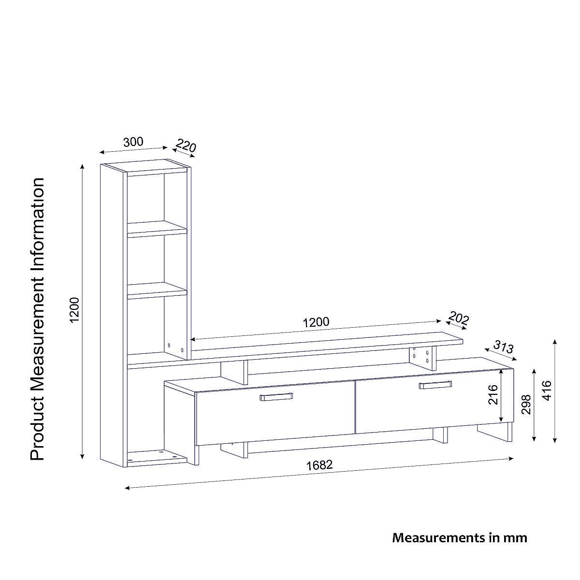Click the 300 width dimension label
pyautogui.click(x=133, y=142)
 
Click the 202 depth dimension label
pyautogui.click(x=458, y=319)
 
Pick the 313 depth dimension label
pyautogui.click(x=503, y=347)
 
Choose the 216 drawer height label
pyautogui.click(x=492, y=395)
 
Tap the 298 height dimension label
pyautogui.click(x=526, y=405)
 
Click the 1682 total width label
pyautogui.click(x=319, y=465)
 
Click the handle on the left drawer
pyautogui.click(x=276, y=397)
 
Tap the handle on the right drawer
pyautogui.click(x=435, y=385)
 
